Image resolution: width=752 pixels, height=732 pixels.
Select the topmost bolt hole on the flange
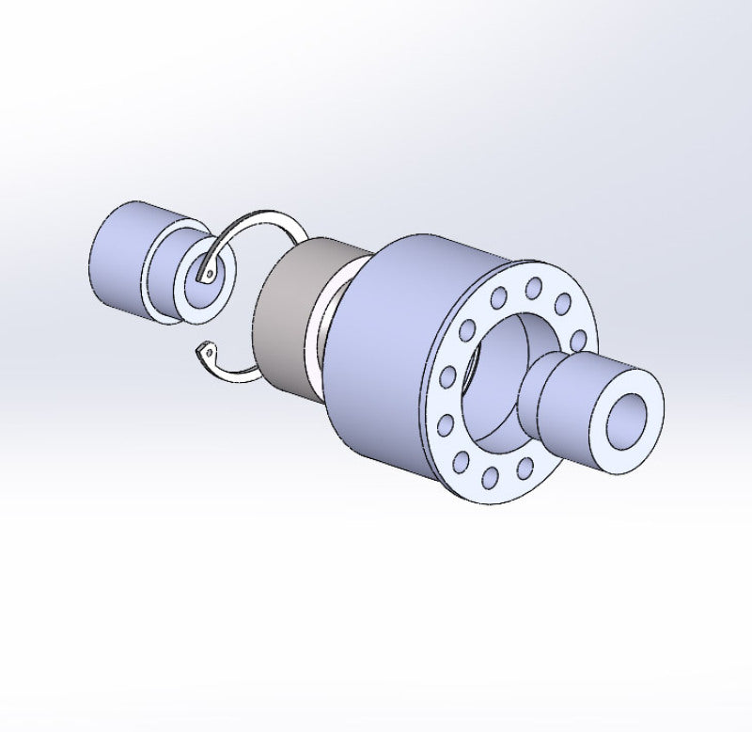pyautogui.click(x=533, y=284)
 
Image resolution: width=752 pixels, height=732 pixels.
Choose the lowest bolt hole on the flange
pyautogui.click(x=489, y=479)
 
